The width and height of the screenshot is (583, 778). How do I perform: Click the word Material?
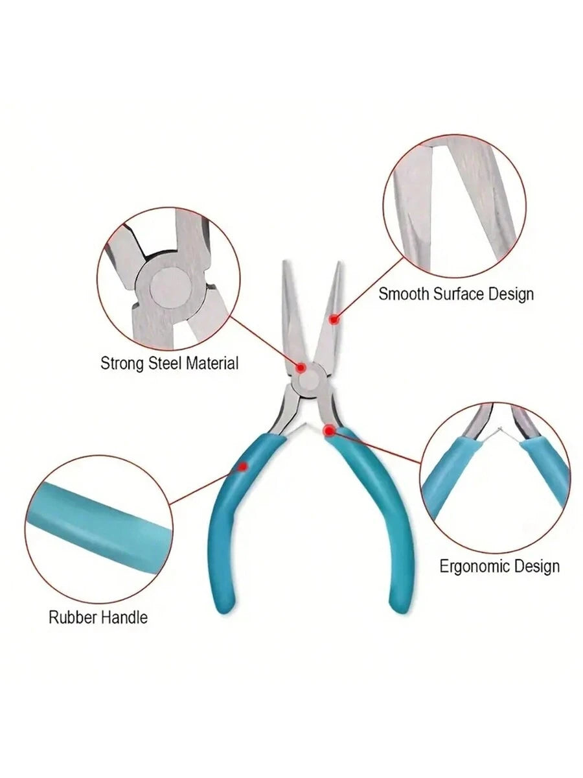coord(212,363)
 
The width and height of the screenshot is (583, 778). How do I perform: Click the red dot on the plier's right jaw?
coord(334,320)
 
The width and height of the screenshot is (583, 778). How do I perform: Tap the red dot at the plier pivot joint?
coord(301,368)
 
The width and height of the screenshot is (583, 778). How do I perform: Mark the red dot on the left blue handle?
coord(242,467)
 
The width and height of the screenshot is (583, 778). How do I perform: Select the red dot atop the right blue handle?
coord(329,430)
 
